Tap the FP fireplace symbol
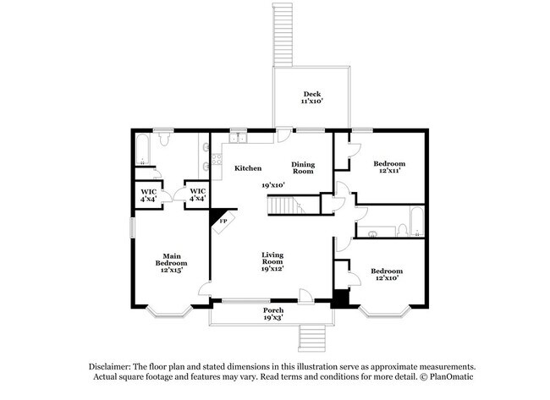[222, 222]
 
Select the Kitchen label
[247, 168]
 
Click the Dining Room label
[302, 167]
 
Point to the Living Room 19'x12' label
[272, 261]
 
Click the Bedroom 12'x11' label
[388, 167]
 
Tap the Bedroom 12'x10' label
[386, 274]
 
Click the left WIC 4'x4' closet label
[148, 195]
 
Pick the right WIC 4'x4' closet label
[196, 195]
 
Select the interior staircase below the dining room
[285, 205]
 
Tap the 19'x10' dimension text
[272, 184]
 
